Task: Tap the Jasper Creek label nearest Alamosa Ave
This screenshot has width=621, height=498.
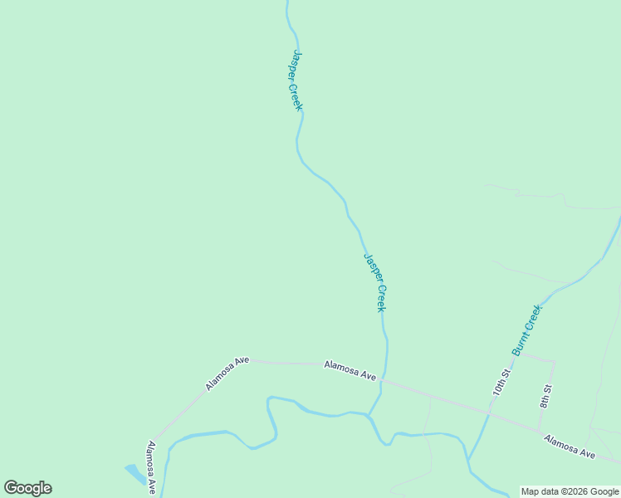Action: click(375, 282)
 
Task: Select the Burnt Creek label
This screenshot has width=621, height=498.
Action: click(527, 330)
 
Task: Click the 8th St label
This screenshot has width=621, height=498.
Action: click(545, 396)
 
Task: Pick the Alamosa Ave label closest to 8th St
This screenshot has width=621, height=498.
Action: click(570, 446)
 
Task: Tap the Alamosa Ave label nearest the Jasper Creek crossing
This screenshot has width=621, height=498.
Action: click(350, 370)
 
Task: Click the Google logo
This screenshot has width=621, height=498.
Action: click(27, 488)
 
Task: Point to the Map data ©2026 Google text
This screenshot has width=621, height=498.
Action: click(570, 491)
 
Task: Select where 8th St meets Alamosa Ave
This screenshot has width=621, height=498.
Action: click(540, 429)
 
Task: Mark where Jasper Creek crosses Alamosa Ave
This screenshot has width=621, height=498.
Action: click(384, 382)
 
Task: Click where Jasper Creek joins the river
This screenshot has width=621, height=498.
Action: click(369, 413)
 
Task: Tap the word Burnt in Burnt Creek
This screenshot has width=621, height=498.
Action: click(520, 342)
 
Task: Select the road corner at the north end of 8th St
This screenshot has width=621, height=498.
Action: click(554, 361)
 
